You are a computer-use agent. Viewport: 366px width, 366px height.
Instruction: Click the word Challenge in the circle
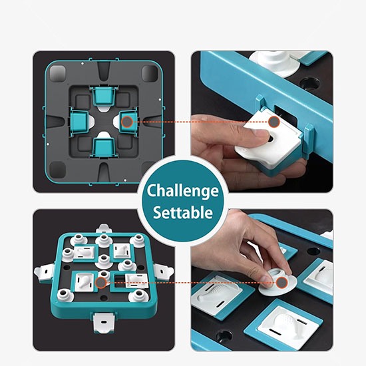click(x=183, y=192)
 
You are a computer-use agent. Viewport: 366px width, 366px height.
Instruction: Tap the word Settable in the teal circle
click(x=183, y=212)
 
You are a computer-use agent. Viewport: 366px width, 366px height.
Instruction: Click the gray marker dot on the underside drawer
click(x=127, y=122)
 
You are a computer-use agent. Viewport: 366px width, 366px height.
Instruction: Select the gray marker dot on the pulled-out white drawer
click(x=274, y=122)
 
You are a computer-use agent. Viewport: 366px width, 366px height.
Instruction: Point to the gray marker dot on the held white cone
click(x=281, y=283)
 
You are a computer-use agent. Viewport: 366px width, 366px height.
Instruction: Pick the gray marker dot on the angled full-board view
click(x=101, y=283)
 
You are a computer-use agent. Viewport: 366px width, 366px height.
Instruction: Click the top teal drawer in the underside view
click(x=103, y=95)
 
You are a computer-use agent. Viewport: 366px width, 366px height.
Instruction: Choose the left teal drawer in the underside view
click(x=79, y=121)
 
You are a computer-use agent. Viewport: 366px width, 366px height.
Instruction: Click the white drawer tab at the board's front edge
click(x=104, y=322)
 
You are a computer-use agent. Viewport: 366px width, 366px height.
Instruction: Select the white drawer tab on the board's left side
click(x=45, y=272)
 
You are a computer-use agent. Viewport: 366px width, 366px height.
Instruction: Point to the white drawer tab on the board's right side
click(x=164, y=272)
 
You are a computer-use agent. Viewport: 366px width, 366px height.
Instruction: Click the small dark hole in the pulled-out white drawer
click(x=271, y=139)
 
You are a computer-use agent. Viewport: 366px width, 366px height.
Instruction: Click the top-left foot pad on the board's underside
click(x=58, y=73)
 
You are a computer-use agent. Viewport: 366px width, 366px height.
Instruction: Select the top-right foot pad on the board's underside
click(x=150, y=73)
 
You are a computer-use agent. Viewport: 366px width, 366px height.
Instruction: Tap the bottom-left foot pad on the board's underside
click(x=58, y=170)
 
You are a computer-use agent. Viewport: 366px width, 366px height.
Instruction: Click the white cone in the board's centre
click(x=104, y=260)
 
